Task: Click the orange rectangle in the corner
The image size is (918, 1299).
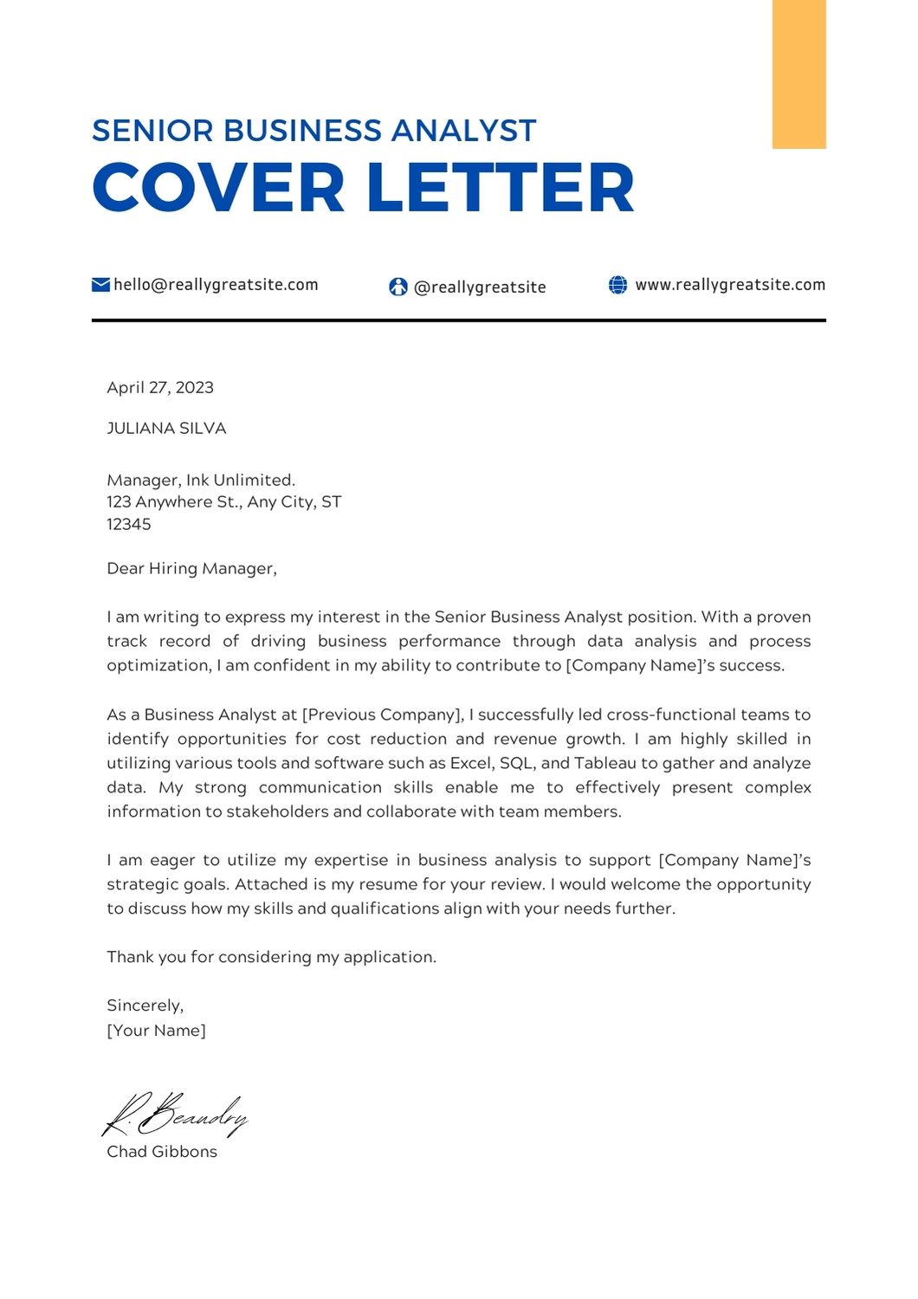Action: [798, 74]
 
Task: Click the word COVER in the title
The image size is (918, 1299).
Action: [218, 188]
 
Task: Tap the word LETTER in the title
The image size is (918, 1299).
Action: [500, 188]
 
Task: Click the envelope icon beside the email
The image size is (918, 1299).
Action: [100, 285]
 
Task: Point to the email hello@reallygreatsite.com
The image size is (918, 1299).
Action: [216, 285]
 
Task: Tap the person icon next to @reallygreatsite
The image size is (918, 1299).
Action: [398, 287]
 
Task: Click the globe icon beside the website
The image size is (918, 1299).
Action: [617, 285]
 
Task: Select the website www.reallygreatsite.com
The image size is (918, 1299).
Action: [730, 285]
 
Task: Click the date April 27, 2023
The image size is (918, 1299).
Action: [160, 388]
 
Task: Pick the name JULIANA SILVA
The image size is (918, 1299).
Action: [166, 429]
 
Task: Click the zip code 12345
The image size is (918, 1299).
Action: [129, 525]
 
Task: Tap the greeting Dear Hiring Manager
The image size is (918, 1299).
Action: [191, 569]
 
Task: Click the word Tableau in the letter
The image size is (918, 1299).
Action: [605, 764]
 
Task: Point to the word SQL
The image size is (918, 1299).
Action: [516, 764]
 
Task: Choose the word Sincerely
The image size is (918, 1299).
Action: [145, 1005]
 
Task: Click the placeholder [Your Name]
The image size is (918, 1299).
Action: [156, 1031]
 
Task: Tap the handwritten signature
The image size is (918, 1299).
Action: [176, 1114]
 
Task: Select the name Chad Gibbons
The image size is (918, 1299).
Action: [162, 1152]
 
